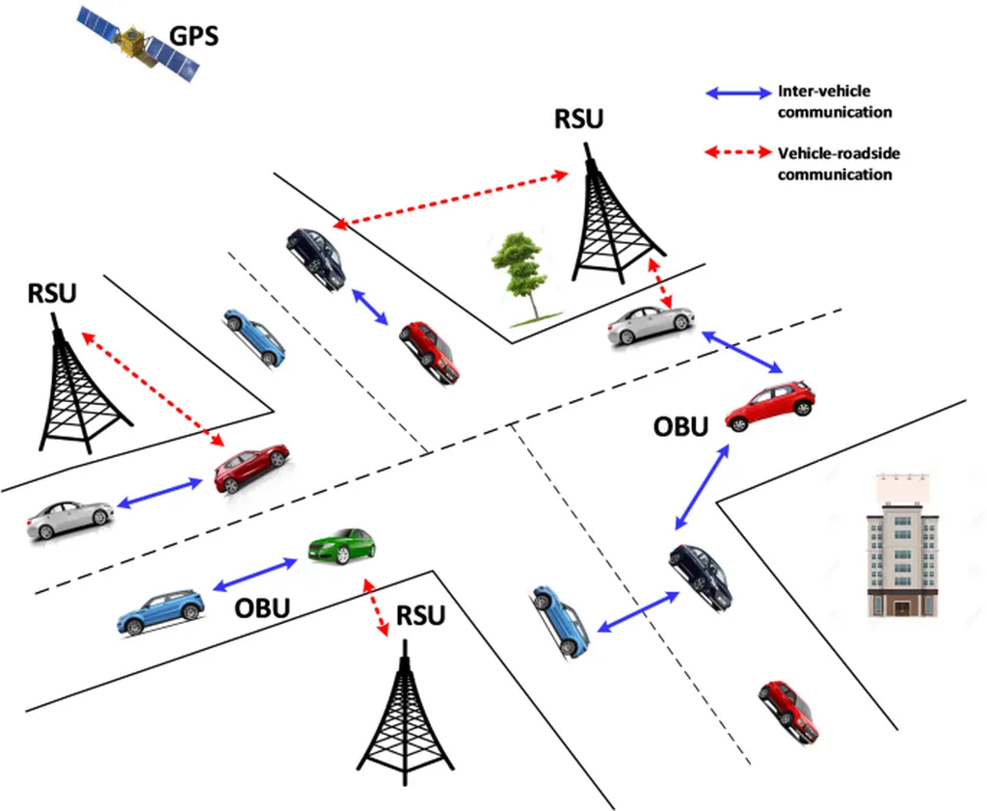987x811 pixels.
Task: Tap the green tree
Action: click(x=520, y=276)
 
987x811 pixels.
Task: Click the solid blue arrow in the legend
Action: click(x=738, y=95)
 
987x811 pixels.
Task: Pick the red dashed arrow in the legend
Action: click(x=738, y=152)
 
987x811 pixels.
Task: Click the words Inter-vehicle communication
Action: click(x=834, y=101)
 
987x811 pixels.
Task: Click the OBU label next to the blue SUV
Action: click(x=262, y=608)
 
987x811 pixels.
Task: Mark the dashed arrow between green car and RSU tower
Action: click(x=375, y=607)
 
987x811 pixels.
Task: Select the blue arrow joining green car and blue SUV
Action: click(x=255, y=573)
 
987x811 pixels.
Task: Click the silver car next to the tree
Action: click(x=651, y=325)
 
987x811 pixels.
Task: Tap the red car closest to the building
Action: click(x=789, y=711)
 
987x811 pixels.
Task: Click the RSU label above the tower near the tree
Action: click(x=579, y=119)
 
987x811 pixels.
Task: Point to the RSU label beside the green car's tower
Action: click(x=420, y=614)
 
